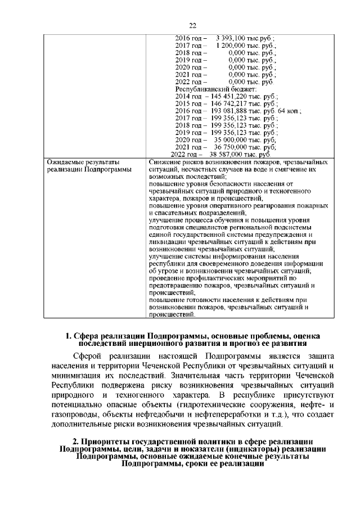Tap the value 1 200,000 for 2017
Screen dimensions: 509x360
click(231, 46)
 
